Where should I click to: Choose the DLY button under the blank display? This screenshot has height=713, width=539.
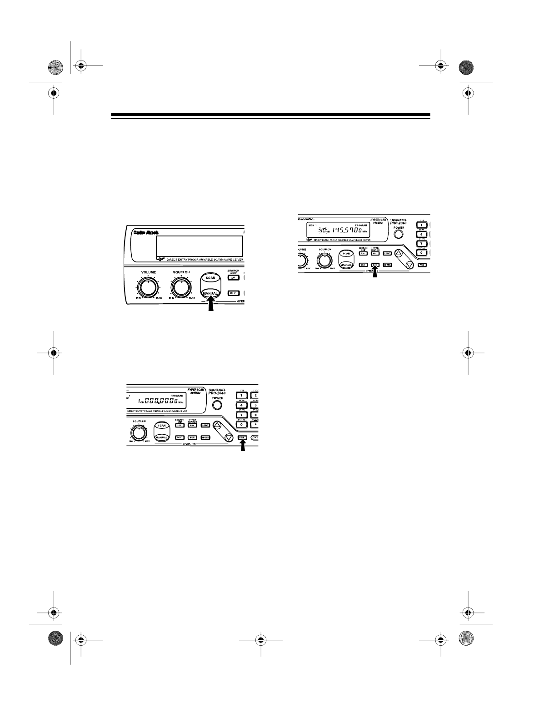click(x=233, y=293)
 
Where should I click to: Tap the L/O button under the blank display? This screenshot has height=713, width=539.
click(x=233, y=277)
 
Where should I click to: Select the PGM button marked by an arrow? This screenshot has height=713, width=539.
click(x=242, y=437)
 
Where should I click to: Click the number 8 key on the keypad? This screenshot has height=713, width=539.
click(x=255, y=414)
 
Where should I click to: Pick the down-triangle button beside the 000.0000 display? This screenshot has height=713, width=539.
click(x=229, y=437)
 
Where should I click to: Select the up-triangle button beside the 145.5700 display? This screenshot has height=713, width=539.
click(x=399, y=253)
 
